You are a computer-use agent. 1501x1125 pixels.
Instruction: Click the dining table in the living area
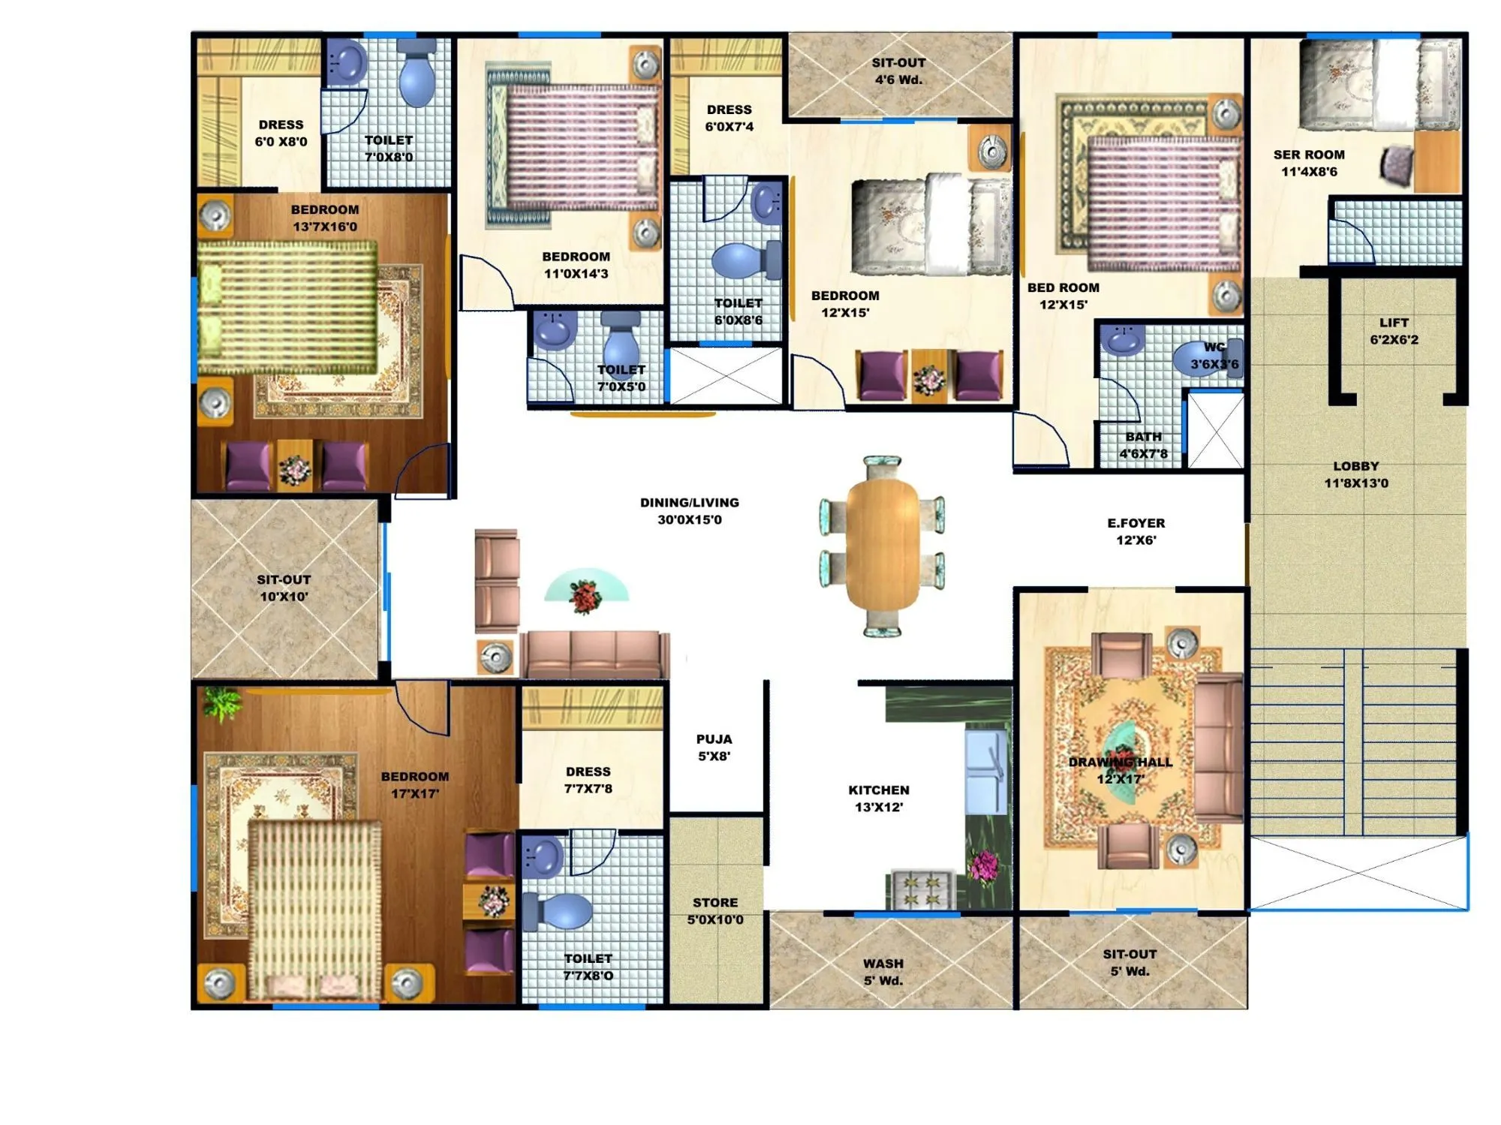click(882, 546)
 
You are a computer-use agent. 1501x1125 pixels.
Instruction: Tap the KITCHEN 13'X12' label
click(878, 799)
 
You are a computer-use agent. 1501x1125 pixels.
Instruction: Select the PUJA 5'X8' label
click(714, 747)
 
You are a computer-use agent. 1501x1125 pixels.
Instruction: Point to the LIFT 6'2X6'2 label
click(1394, 331)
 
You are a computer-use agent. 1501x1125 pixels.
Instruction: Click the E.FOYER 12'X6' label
click(1136, 531)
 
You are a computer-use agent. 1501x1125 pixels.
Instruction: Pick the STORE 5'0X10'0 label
click(715, 910)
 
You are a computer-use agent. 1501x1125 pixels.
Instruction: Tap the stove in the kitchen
click(922, 889)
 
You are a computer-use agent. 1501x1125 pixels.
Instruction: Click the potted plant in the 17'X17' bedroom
click(222, 703)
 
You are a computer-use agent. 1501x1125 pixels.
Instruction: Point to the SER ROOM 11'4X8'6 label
click(1309, 163)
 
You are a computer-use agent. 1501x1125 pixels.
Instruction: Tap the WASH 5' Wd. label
click(883, 971)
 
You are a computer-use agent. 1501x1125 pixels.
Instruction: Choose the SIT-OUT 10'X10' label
click(283, 588)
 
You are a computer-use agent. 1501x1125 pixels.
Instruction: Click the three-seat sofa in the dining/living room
click(595, 654)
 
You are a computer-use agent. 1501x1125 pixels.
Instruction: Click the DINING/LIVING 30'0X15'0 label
click(689, 510)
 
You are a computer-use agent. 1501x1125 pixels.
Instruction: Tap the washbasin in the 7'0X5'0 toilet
click(554, 330)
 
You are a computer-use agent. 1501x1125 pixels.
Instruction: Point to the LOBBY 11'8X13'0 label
click(1355, 474)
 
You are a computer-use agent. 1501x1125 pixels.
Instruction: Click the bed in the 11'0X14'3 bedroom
click(578, 148)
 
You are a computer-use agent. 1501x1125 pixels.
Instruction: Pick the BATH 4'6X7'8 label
click(1143, 445)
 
